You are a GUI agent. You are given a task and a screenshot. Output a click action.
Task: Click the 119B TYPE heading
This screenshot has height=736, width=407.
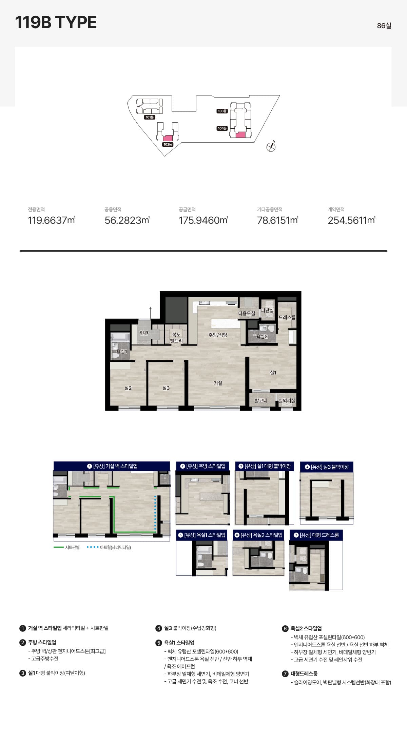(56, 22)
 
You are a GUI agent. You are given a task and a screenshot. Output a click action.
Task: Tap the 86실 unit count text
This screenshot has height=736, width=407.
(384, 26)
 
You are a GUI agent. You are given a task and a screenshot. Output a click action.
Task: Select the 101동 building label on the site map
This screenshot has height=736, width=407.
(150, 117)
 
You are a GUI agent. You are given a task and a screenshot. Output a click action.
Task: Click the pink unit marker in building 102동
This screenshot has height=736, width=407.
(168, 138)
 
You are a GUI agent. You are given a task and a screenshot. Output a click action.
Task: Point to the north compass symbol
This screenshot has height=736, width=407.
(271, 146)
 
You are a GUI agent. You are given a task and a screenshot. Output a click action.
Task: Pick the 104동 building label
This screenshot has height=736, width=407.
(222, 128)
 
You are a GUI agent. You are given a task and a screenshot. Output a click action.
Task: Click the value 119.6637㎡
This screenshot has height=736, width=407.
(52, 220)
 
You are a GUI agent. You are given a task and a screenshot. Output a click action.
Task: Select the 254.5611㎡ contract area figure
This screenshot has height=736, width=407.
(351, 220)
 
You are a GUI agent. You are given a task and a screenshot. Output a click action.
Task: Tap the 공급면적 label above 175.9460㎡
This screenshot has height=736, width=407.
(187, 210)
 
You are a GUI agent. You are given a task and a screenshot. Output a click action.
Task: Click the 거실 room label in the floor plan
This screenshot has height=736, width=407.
(218, 383)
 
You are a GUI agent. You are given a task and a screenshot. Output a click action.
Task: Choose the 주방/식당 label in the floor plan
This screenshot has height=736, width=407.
(218, 335)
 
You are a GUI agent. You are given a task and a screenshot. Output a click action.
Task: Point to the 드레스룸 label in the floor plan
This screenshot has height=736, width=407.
(287, 317)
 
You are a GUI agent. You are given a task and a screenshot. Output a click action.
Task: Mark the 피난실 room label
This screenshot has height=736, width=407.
(267, 310)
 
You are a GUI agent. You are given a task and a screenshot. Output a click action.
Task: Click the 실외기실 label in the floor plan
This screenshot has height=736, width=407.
(287, 400)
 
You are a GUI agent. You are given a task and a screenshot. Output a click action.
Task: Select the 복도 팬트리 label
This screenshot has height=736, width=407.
(176, 338)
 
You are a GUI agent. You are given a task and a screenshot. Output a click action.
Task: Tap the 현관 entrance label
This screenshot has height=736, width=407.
(144, 333)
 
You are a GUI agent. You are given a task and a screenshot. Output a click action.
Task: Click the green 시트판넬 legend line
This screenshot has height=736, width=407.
(59, 547)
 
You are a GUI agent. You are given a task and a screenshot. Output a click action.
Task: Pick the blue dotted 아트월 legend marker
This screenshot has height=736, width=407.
(93, 547)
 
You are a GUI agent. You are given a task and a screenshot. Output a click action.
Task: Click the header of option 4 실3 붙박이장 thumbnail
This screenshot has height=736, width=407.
(327, 467)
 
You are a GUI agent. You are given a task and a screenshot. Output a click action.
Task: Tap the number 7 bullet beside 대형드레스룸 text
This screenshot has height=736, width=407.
(285, 674)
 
